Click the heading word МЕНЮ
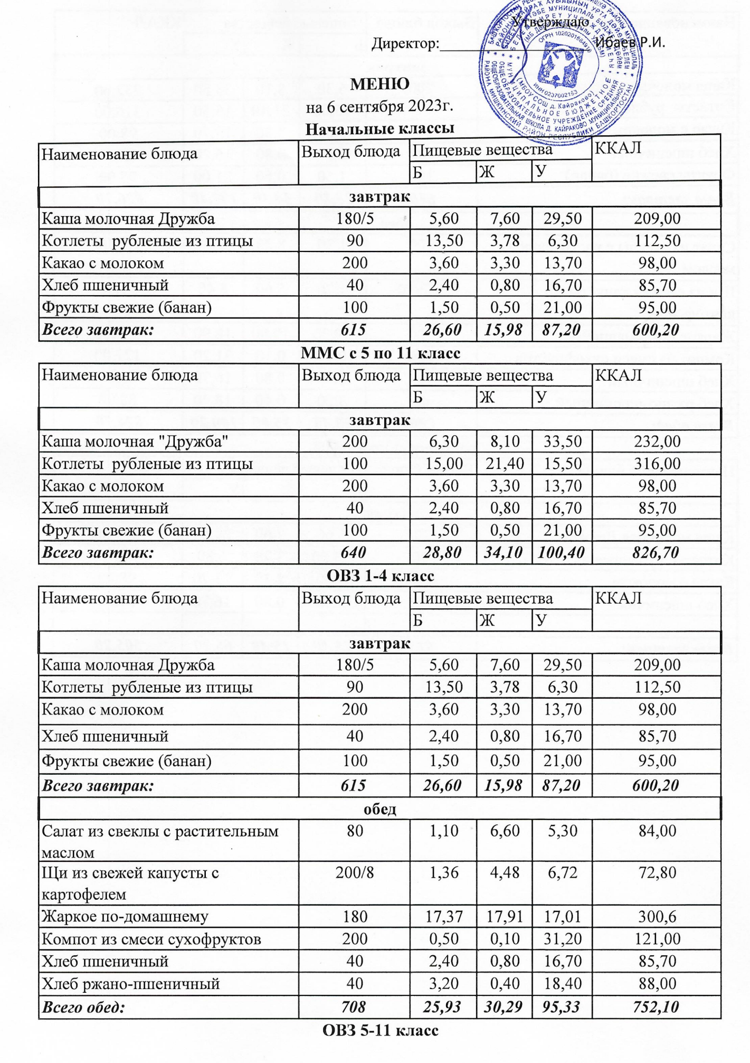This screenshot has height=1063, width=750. pyautogui.click(x=379, y=84)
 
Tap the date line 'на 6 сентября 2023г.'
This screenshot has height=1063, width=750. pyautogui.click(x=379, y=107)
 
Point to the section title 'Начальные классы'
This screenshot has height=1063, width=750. pyautogui.click(x=379, y=129)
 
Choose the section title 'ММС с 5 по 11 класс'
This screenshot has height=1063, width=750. pyautogui.click(x=380, y=353)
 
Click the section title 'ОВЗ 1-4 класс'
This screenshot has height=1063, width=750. pyautogui.click(x=380, y=576)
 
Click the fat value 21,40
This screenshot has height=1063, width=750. pyautogui.click(x=505, y=464)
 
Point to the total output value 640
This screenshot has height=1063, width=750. pyautogui.click(x=354, y=552)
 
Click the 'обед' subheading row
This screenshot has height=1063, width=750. pyautogui.click(x=380, y=809)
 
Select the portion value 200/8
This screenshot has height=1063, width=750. pyautogui.click(x=355, y=872)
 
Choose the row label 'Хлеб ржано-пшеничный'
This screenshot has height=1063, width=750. pyautogui.click(x=130, y=984)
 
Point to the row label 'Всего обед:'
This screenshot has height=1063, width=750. pyautogui.click(x=83, y=1007)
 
